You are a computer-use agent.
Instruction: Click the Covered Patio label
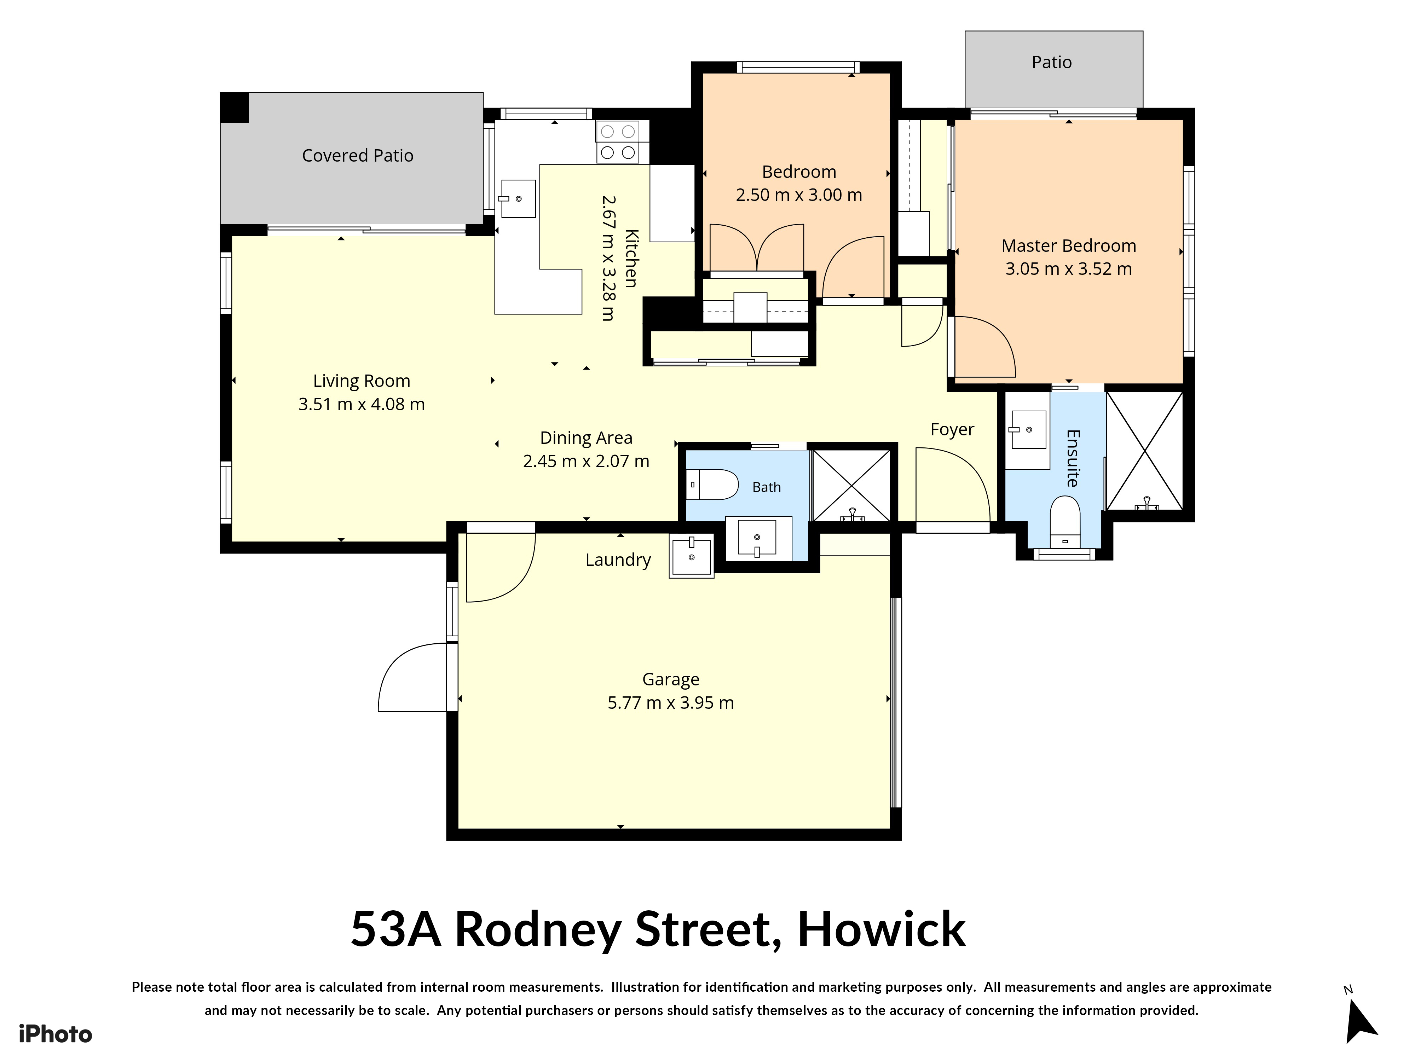(x=358, y=155)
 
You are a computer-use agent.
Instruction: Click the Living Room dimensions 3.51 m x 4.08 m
(x=362, y=404)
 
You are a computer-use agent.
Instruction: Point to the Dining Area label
(x=586, y=438)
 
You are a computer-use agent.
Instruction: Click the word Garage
(x=670, y=680)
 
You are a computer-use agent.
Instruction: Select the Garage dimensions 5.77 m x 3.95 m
(x=670, y=703)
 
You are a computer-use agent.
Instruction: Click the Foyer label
(x=952, y=430)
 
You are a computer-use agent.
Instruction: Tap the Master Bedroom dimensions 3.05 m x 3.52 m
(x=1068, y=268)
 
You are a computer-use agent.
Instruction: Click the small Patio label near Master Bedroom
(x=1052, y=62)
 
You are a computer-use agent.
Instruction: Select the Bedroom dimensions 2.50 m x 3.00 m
(x=799, y=195)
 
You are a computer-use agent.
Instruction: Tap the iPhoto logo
(x=56, y=1034)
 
